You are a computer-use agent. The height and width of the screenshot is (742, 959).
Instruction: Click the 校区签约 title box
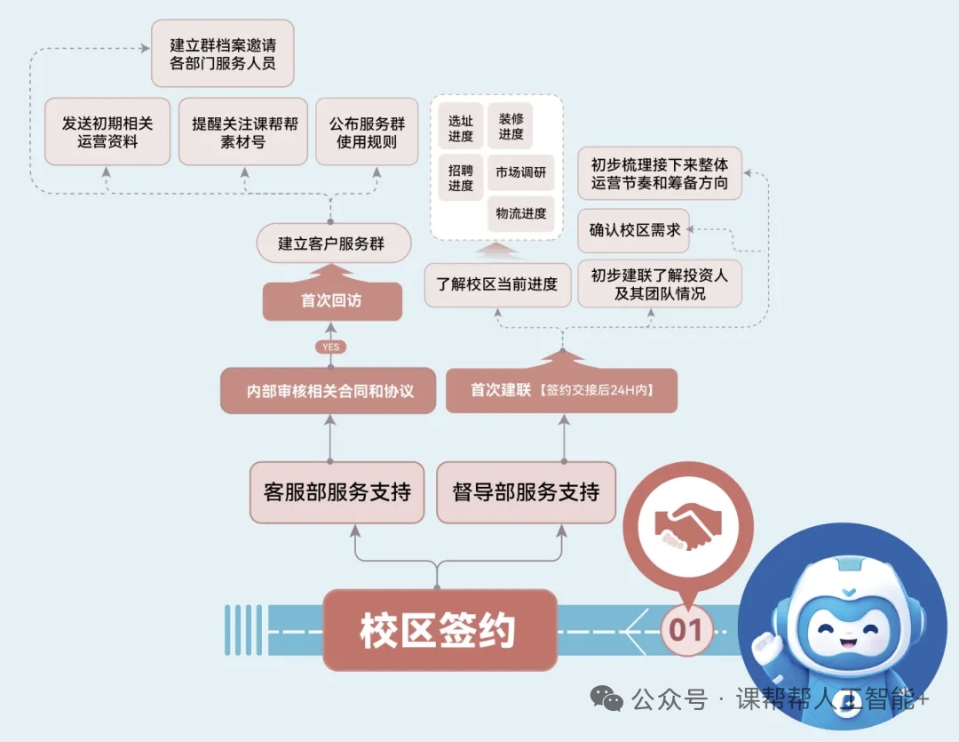(x=439, y=630)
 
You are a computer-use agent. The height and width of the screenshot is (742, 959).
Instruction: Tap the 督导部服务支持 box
(x=526, y=491)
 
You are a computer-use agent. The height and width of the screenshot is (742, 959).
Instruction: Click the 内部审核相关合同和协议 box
(x=329, y=391)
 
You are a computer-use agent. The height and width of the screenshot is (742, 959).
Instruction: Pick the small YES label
(x=330, y=347)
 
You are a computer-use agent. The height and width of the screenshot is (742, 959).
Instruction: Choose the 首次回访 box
(x=331, y=301)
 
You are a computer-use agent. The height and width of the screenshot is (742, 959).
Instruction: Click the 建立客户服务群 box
(x=331, y=243)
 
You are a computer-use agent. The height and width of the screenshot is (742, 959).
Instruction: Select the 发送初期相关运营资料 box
(x=107, y=132)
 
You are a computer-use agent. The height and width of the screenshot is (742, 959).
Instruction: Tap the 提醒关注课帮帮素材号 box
(x=242, y=132)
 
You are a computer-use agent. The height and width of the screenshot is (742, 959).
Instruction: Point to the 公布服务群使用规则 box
(x=367, y=132)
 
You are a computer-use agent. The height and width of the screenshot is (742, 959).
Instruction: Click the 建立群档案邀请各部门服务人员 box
(x=222, y=52)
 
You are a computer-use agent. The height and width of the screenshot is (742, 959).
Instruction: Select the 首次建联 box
(x=561, y=390)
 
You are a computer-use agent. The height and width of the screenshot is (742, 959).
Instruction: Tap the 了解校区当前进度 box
(x=497, y=285)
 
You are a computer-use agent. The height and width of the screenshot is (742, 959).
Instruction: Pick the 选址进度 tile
(x=461, y=128)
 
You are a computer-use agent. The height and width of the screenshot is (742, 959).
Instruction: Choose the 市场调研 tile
(x=521, y=172)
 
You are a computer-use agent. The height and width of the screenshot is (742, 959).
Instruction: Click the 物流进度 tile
(x=521, y=214)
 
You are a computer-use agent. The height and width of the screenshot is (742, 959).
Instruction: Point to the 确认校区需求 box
(x=635, y=230)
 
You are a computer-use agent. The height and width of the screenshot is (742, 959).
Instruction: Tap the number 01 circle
(x=686, y=630)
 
